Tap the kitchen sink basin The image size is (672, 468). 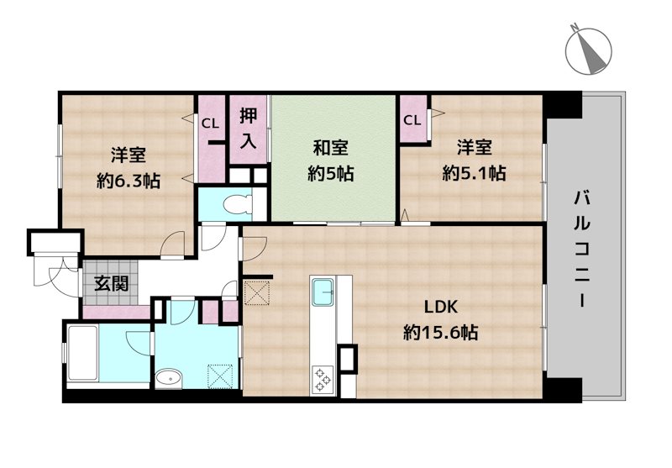pyautogui.click(x=323, y=292)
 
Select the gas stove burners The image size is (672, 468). pyautogui.click(x=323, y=380)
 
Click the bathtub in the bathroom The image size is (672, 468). pyautogui.click(x=82, y=354)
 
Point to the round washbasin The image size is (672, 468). pyautogui.click(x=169, y=379)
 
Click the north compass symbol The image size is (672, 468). pyautogui.click(x=589, y=51)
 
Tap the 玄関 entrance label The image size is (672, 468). pyautogui.click(x=112, y=284)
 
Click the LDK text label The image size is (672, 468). pyautogui.click(x=441, y=307)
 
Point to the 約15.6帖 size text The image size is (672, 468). pyautogui.click(x=440, y=332)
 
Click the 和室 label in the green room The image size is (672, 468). pyautogui.click(x=330, y=148)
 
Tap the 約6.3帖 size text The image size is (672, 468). pyautogui.click(x=129, y=181)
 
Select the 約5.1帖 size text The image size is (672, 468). pyautogui.click(x=474, y=173)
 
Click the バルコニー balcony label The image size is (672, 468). pyautogui.click(x=582, y=249)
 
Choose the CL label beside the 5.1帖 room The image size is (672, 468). pyautogui.click(x=412, y=120)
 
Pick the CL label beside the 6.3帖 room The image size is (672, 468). pyautogui.click(x=211, y=124)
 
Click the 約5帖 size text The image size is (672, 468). pyautogui.click(x=330, y=174)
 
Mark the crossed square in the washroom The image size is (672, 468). pyautogui.click(x=220, y=376)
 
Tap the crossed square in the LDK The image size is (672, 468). pyautogui.click(x=257, y=292)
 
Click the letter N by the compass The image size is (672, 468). pyautogui.click(x=575, y=28)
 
